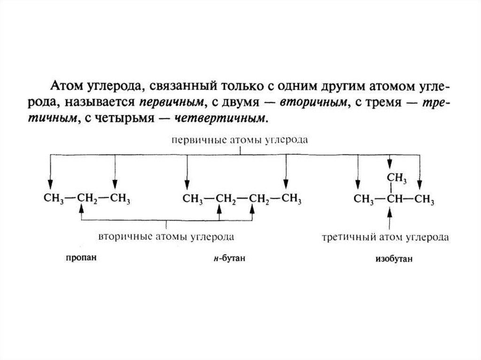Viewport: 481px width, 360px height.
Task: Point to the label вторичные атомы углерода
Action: tap(166, 236)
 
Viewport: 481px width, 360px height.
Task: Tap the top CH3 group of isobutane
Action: tap(396, 178)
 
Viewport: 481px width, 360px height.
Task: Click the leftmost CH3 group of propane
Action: tap(53, 199)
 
